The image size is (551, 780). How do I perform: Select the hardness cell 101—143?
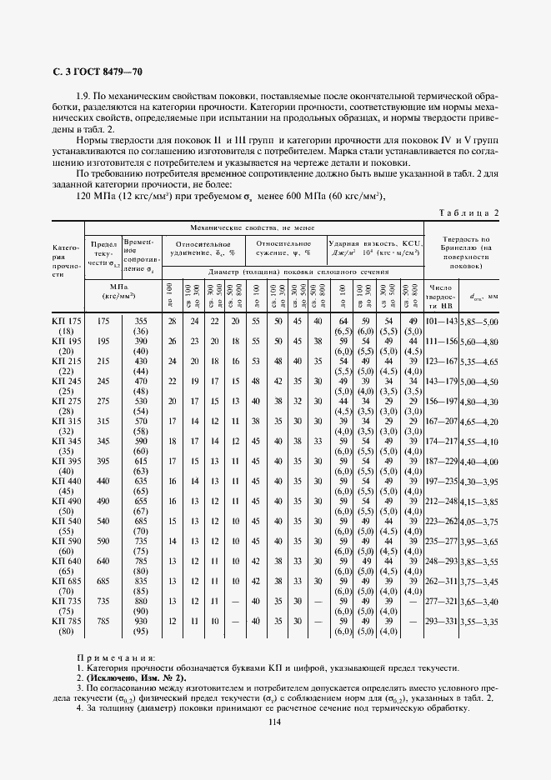(441, 321)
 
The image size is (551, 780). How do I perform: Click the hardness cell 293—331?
(441, 621)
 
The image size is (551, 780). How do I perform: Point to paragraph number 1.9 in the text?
(83, 95)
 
